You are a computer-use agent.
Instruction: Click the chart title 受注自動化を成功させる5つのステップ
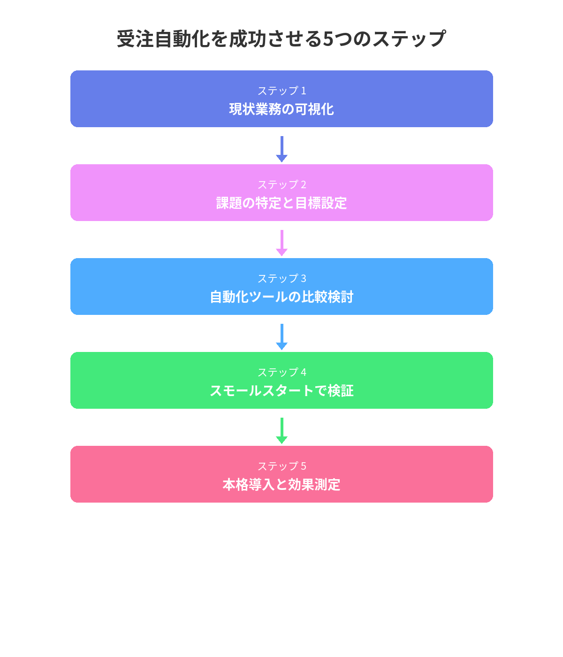281,39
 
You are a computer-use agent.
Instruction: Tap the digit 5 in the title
328,39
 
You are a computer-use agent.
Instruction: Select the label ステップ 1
281,91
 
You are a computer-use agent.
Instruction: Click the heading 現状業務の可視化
281,109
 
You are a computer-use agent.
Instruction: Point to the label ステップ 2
281,184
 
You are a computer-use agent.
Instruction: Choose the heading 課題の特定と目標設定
281,203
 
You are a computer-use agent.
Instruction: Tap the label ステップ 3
281,278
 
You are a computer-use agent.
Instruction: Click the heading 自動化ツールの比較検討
281,297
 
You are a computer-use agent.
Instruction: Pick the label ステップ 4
281,372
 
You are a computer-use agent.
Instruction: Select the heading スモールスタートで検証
281,390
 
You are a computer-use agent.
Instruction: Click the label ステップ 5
281,466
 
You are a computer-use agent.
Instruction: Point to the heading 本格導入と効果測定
281,484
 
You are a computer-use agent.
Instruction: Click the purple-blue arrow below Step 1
281,149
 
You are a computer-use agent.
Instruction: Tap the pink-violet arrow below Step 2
281,243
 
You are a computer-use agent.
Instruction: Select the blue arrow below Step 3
281,336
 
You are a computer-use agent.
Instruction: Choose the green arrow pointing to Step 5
281,431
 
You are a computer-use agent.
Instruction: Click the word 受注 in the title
135,39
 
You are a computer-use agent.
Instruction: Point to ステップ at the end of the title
409,39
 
